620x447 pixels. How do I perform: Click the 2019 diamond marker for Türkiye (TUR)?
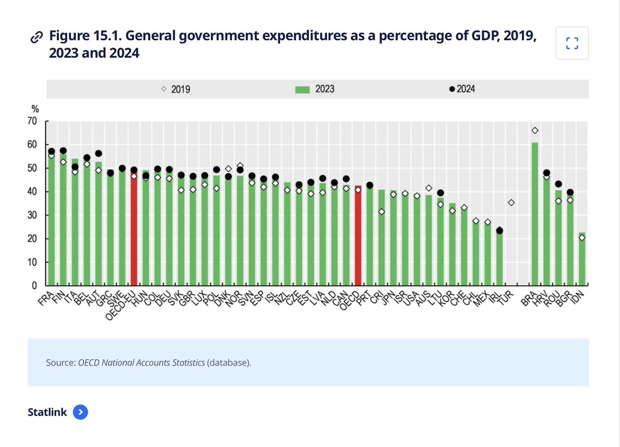511,203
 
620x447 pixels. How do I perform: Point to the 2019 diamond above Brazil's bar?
535,130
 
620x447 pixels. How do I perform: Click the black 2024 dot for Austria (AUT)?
98,153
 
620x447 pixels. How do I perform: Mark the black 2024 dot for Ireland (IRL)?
499,230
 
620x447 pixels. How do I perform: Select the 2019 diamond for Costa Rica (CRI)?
381,211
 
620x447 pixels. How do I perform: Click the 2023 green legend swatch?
302,89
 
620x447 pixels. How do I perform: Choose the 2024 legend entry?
462,89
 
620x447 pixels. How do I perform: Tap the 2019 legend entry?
176,89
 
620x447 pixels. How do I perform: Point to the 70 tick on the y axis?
33,121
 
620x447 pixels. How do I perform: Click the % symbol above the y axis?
35,109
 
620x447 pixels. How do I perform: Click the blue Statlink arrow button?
81,412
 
